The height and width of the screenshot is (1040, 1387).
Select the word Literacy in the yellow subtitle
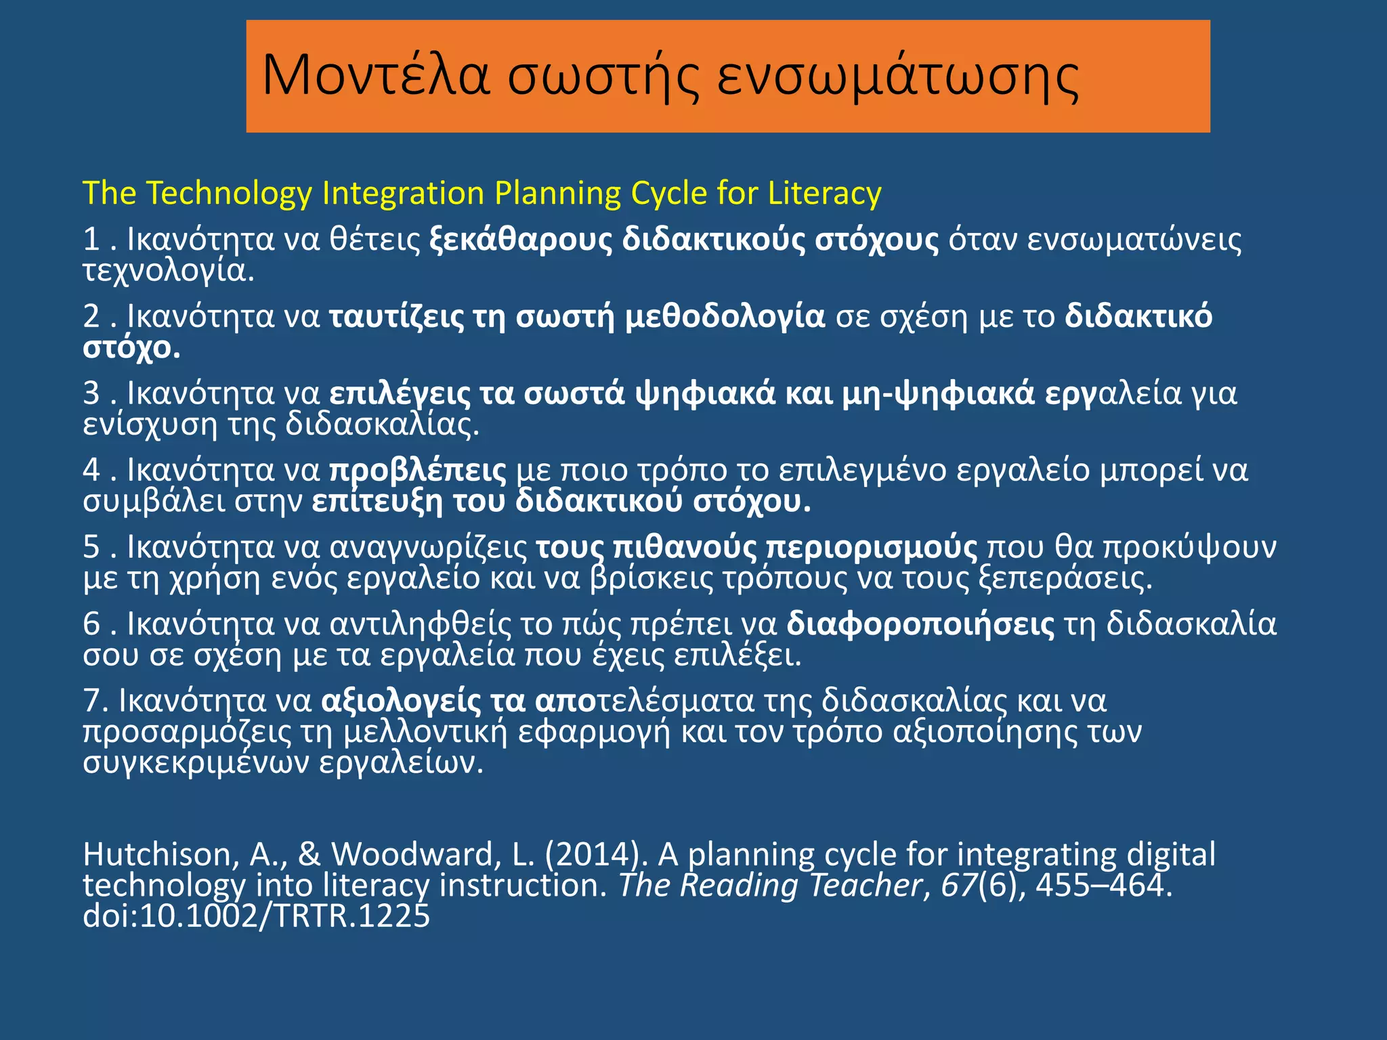pos(824,193)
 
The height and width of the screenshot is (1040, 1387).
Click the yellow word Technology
pos(229,194)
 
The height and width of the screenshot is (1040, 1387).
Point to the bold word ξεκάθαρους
pos(521,240)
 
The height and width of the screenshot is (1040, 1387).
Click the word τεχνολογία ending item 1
pos(168,271)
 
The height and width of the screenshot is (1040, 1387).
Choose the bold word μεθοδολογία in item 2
pos(725,317)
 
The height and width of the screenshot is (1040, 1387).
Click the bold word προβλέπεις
pos(418,471)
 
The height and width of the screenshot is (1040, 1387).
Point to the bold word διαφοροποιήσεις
pos(920,624)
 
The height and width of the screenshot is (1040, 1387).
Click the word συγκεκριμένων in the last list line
pos(196,763)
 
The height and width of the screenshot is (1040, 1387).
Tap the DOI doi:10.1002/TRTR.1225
pos(256,916)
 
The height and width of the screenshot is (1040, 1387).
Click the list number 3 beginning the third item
pos(91,394)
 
